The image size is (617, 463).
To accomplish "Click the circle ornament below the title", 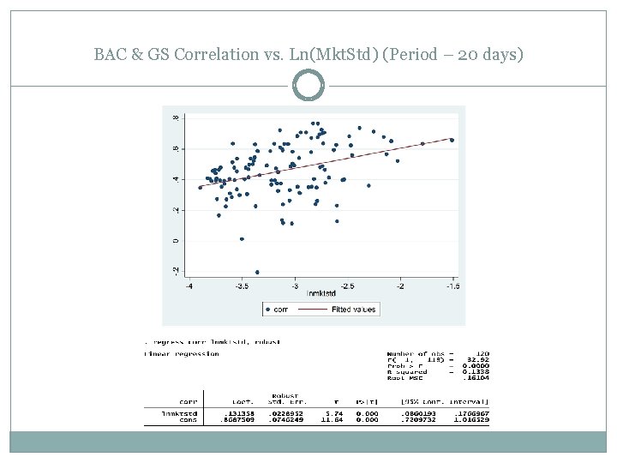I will coord(308,86).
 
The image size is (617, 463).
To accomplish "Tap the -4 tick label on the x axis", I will coord(189,286).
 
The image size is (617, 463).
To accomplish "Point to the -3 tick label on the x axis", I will coord(295,286).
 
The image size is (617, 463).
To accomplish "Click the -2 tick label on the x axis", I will coord(399,286).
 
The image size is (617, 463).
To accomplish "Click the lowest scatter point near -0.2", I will coord(257,272).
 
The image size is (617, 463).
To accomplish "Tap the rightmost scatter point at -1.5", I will coord(452,140).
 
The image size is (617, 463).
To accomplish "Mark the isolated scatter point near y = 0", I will coord(243,239).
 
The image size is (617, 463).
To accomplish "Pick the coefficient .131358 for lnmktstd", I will coord(244,413).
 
